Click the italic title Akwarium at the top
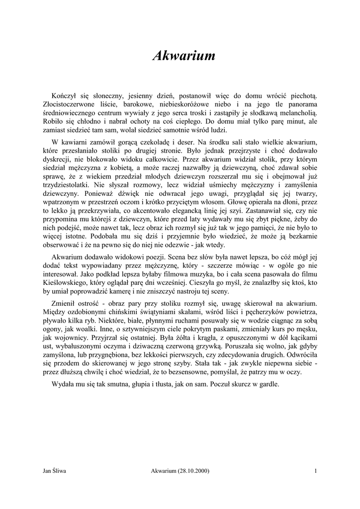(183, 57)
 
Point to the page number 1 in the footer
(316, 471)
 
